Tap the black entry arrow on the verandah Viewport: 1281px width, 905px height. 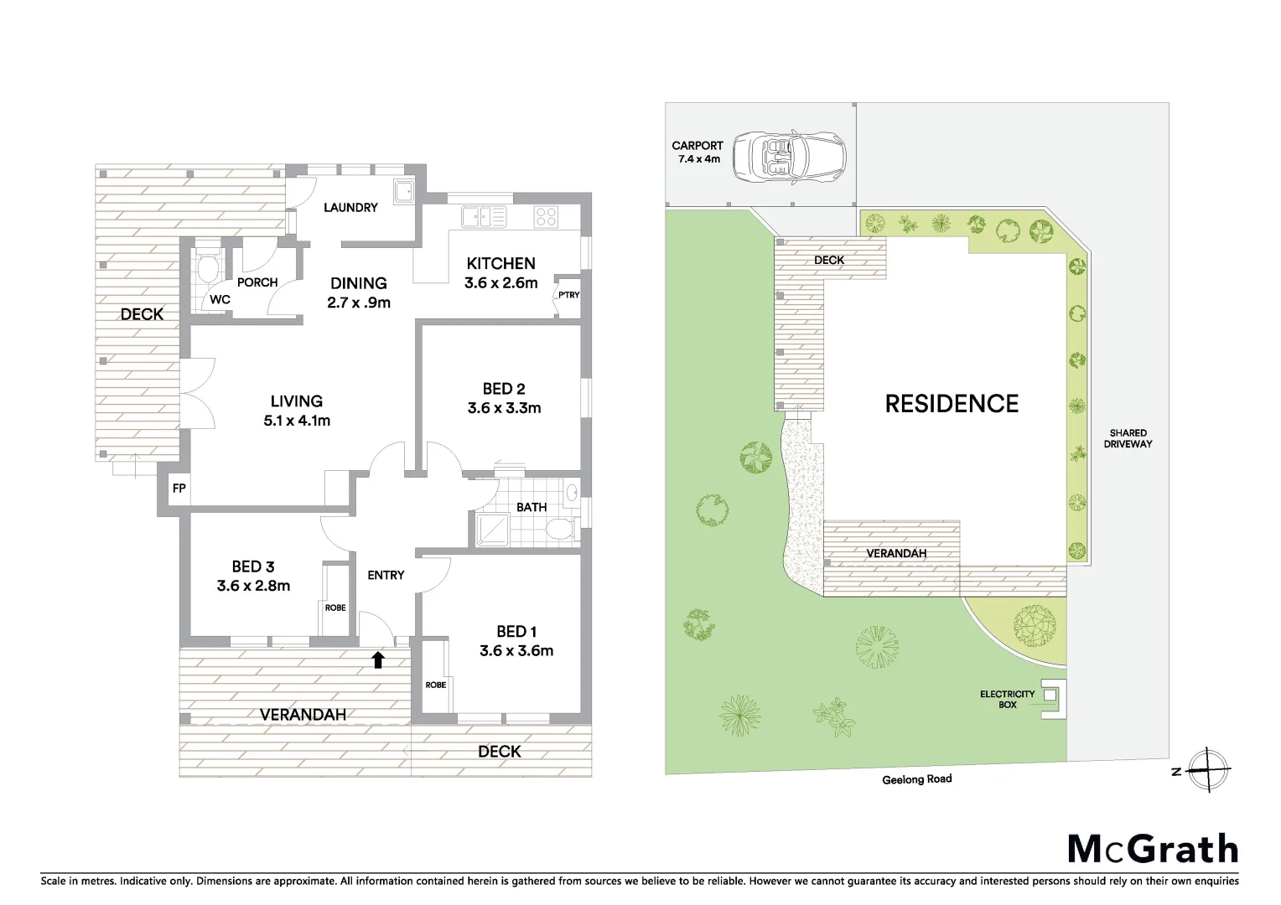[377, 659]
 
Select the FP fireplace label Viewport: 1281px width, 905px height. [179, 489]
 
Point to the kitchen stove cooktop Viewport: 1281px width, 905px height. [546, 217]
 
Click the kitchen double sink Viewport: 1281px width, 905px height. [483, 217]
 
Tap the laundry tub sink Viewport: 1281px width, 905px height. [404, 191]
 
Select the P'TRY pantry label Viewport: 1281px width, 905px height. [568, 295]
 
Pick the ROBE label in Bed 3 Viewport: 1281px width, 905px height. [335, 608]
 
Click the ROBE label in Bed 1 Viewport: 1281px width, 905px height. [435, 685]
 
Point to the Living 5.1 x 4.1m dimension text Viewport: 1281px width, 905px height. [297, 421]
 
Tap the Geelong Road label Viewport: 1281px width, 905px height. [916, 778]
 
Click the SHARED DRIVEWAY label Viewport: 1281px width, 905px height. [1128, 438]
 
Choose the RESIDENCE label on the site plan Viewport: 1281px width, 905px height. [952, 404]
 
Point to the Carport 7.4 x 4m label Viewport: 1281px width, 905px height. [697, 152]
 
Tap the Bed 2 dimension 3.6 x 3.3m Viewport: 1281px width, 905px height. [504, 408]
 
